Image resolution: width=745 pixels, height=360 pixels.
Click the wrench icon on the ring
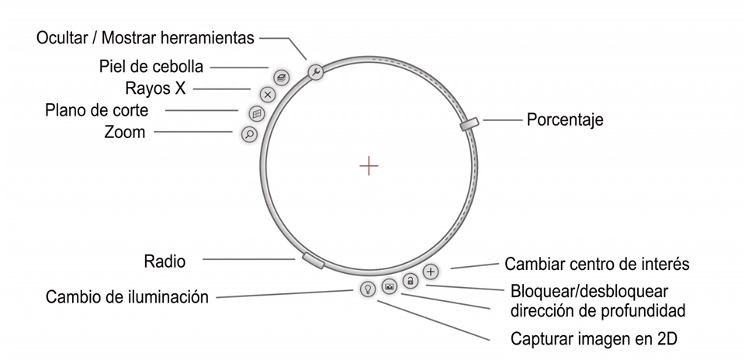point(316,72)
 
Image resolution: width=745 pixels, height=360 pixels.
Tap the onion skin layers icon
point(281,77)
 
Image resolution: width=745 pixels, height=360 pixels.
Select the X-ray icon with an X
point(268,95)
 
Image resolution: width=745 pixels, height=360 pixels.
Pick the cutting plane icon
point(257,114)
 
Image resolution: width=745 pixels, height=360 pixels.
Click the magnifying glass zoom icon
point(249,134)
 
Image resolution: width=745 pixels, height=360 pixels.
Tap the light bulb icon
point(367,289)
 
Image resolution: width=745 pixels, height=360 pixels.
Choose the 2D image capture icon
point(389,286)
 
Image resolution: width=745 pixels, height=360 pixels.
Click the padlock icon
point(410,281)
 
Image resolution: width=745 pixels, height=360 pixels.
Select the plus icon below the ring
point(431,272)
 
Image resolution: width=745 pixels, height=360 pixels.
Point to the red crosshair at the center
point(369,166)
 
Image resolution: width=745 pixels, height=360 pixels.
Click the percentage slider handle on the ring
point(469,123)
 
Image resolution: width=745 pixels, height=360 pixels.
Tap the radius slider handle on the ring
point(313,260)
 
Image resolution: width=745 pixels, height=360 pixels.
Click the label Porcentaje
point(565,119)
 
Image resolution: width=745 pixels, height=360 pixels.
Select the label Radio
point(165,261)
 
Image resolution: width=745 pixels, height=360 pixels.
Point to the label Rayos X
point(155,88)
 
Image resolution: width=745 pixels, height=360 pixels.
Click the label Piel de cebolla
point(151,67)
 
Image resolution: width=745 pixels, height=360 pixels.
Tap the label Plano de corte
point(97,110)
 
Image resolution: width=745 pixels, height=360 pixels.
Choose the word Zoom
point(125,132)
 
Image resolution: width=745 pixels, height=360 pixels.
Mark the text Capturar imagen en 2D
point(594,339)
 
